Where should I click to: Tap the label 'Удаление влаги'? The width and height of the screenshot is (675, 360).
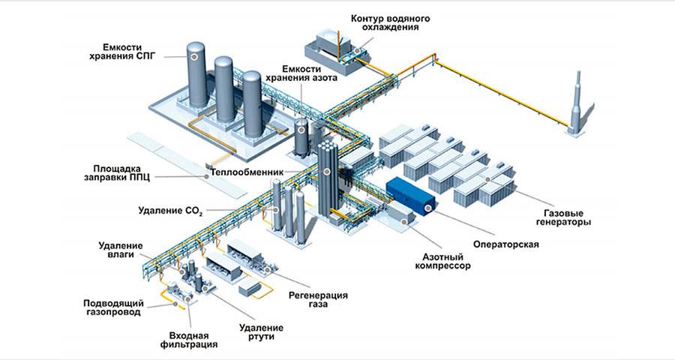116,250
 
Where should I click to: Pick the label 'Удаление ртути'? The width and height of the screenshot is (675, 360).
261,332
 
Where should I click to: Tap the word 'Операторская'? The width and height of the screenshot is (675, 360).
506,244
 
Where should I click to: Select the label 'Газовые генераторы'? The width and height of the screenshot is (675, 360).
565,217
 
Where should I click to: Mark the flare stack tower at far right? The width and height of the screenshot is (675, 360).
577,105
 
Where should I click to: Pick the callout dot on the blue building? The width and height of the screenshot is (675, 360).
428,208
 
